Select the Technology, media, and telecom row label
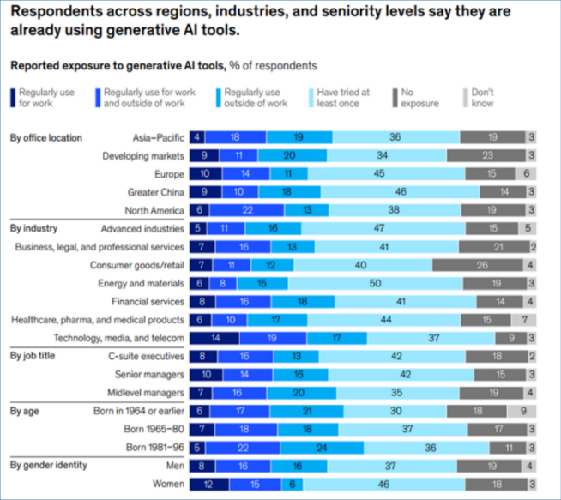119,338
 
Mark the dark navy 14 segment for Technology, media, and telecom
214,338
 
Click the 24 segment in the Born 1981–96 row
305,447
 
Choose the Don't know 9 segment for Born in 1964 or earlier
534,411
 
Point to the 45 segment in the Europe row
379,173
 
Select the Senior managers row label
149,375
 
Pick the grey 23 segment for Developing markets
486,155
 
